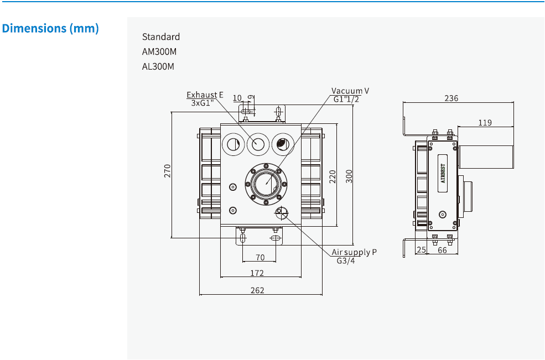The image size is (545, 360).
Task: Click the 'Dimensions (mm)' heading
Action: point(51,28)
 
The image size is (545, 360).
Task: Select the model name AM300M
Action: point(159,52)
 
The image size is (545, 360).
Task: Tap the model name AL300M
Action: point(158,67)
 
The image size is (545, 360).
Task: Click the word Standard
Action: point(161,37)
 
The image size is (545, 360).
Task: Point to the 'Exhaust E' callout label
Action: point(205,95)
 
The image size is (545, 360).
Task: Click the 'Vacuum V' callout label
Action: point(350,91)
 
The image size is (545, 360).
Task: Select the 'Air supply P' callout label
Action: point(354,252)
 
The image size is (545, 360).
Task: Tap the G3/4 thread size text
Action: point(346,261)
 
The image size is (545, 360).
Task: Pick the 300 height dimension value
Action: point(349,176)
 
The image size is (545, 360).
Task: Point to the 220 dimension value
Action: point(333,176)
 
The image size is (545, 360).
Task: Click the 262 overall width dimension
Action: point(257,290)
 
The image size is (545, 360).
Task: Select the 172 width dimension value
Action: point(257,273)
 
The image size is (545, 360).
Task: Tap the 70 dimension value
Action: point(259,257)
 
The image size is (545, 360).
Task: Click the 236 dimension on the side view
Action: point(451,98)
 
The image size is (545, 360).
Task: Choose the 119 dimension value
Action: point(485,123)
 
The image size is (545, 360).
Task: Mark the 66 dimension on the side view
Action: point(443,251)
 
